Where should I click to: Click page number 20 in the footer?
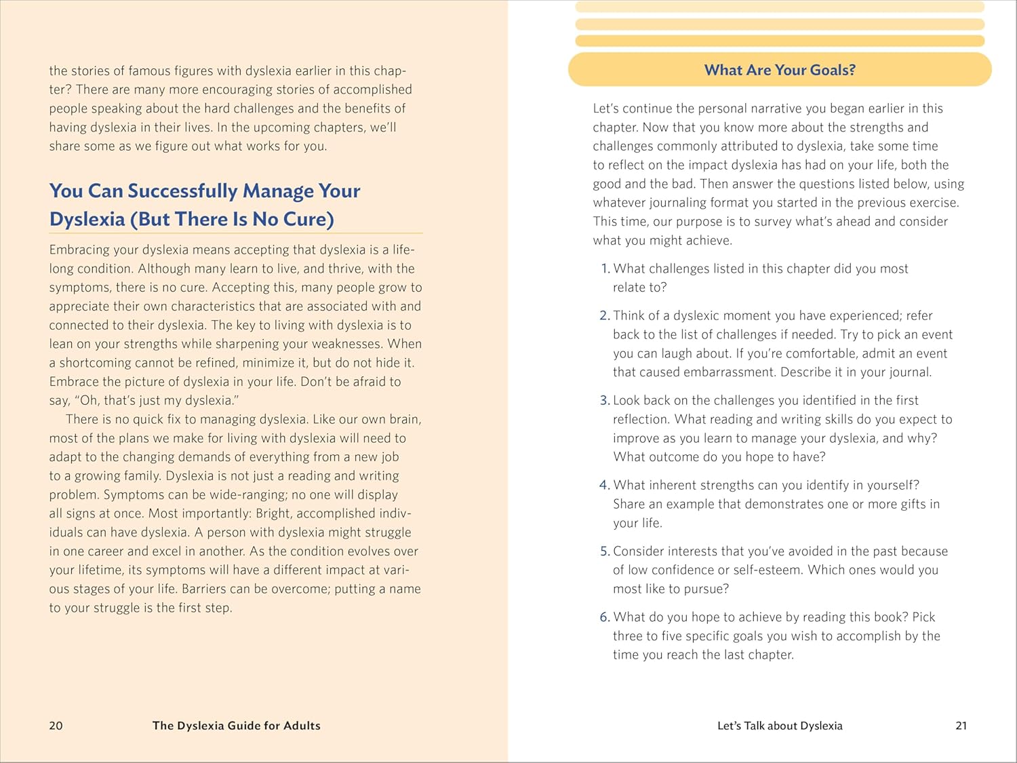point(56,726)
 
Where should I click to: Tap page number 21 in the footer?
point(961,726)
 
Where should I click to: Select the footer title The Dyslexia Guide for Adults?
point(236,726)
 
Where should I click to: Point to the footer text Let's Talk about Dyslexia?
point(780,726)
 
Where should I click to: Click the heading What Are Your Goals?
point(780,70)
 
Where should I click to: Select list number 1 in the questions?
point(605,269)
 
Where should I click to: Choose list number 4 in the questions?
point(605,485)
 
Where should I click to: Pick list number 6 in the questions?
point(605,617)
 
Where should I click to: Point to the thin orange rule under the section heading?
point(236,233)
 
